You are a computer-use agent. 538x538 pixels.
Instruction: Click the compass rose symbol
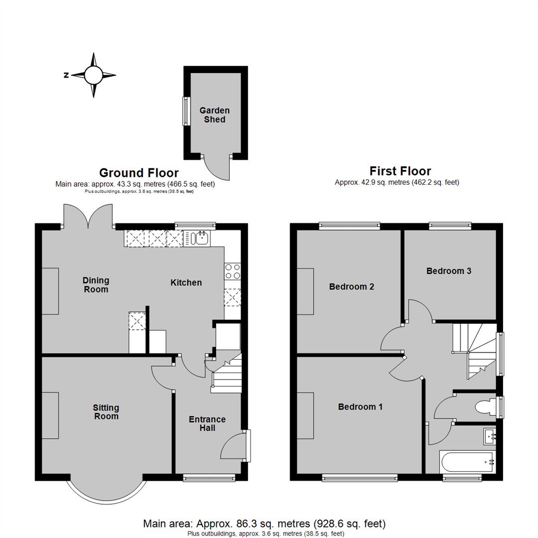(93, 75)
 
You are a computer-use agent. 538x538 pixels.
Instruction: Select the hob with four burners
(233, 271)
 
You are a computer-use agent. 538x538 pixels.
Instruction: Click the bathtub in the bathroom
(467, 462)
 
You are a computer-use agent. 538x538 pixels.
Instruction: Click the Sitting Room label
(106, 412)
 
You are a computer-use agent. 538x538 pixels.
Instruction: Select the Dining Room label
(96, 285)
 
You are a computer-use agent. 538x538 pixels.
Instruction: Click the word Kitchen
(186, 283)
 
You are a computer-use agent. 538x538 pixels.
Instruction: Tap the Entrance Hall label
(207, 423)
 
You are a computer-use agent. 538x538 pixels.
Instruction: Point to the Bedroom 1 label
(360, 407)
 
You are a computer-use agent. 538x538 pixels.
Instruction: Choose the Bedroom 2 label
(352, 287)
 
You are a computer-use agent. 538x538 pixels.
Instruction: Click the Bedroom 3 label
(449, 271)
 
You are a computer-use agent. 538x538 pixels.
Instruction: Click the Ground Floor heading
(138, 173)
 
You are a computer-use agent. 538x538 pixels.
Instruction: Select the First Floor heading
(400, 171)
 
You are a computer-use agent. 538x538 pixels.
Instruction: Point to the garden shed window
(185, 111)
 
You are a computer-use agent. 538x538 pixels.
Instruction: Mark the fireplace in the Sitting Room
(50, 415)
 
